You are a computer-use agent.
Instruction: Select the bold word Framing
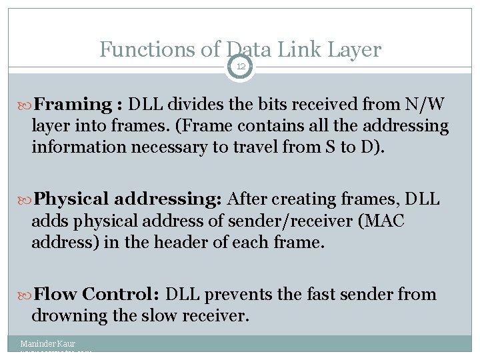point(73,104)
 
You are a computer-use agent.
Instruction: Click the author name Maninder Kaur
point(47,344)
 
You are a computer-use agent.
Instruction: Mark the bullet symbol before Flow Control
point(25,295)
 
